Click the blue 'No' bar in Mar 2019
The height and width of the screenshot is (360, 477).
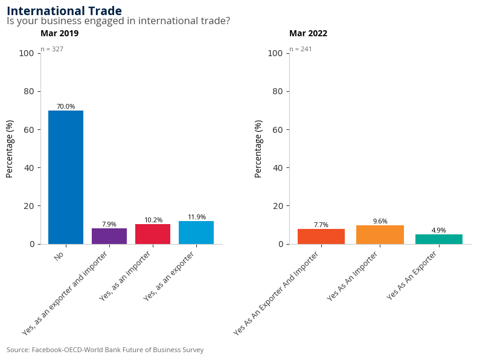click(66, 177)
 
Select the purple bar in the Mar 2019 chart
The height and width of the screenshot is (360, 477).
click(109, 236)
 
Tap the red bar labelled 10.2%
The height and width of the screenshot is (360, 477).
click(153, 234)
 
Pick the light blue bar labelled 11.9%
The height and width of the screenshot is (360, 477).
click(196, 233)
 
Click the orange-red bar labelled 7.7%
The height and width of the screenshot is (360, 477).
click(321, 236)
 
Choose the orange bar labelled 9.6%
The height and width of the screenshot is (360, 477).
click(380, 234)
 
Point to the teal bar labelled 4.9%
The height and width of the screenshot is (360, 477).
click(439, 239)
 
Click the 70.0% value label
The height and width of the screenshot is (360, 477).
click(66, 106)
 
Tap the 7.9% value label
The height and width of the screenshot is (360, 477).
click(109, 224)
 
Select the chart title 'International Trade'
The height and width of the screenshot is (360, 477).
click(64, 11)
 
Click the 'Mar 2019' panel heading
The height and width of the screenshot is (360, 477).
click(59, 34)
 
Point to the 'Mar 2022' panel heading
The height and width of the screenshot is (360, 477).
click(308, 34)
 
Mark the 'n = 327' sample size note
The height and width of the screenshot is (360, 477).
click(52, 49)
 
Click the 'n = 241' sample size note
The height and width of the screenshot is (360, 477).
click(301, 49)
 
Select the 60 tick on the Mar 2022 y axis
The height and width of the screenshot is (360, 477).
click(278, 129)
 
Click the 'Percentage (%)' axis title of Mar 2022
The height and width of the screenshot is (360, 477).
click(258, 149)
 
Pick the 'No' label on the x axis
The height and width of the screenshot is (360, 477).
click(59, 257)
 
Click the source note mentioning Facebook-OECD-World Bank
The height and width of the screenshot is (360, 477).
click(105, 350)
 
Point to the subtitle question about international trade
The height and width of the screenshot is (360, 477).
click(118, 21)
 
